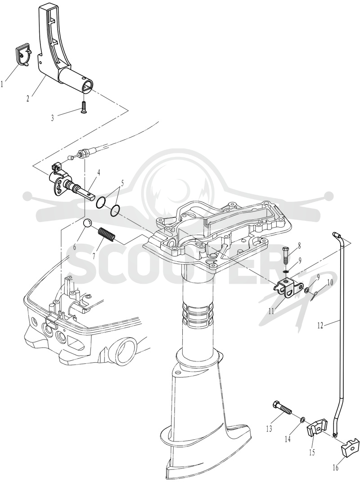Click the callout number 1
(x=2, y=84)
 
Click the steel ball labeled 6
(x=88, y=223)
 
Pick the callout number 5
(x=122, y=184)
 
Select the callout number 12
(x=320, y=325)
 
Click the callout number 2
(x=28, y=99)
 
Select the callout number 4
(x=98, y=173)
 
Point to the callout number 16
(x=335, y=468)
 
